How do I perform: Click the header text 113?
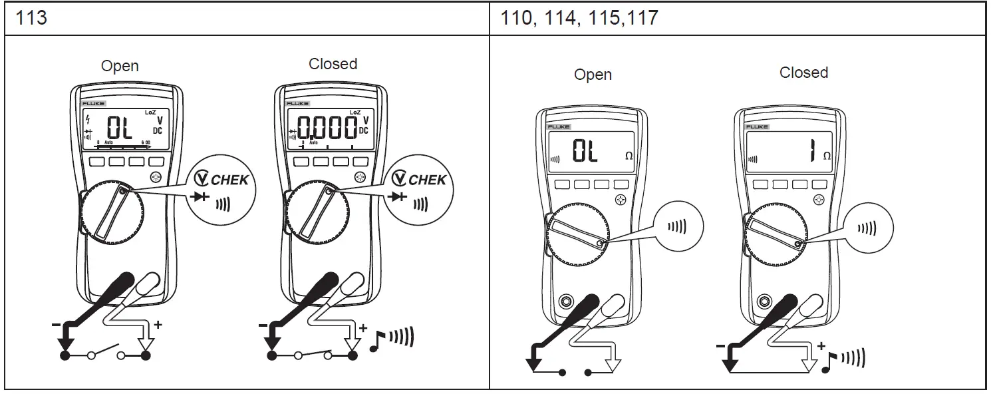pos(31,17)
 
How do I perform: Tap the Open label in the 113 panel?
pos(120,66)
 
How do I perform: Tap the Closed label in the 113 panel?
pos(333,64)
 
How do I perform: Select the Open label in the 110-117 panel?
pos(593,75)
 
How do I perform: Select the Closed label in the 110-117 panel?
pos(803,73)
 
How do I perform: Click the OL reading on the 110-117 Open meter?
pos(585,152)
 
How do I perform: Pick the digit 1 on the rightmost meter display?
pos(811,152)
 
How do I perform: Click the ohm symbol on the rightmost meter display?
pos(827,156)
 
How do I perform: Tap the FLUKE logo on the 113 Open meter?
pos(91,104)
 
